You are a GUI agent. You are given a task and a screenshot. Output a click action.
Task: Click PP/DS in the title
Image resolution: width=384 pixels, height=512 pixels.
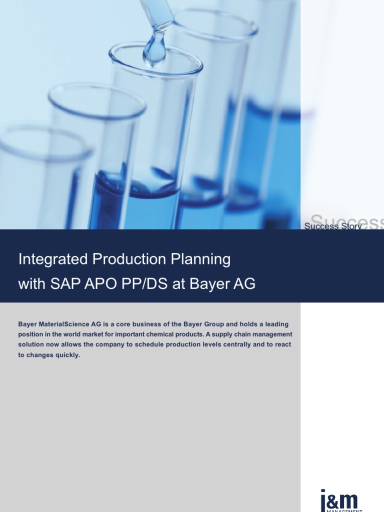(140, 284)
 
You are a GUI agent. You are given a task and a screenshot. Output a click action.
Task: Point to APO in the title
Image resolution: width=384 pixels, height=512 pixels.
(99, 284)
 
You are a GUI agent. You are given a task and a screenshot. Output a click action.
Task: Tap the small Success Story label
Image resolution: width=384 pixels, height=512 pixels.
(333, 226)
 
